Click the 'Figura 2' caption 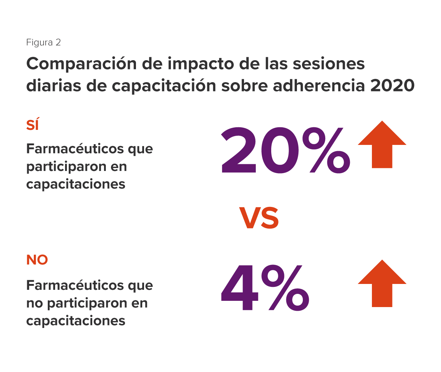tap(43, 43)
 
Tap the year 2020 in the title tap(392, 86)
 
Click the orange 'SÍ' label tap(33, 125)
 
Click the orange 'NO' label tap(37, 260)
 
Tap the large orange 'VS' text tap(259, 218)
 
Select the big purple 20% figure tap(285, 150)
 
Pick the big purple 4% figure tap(265, 288)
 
